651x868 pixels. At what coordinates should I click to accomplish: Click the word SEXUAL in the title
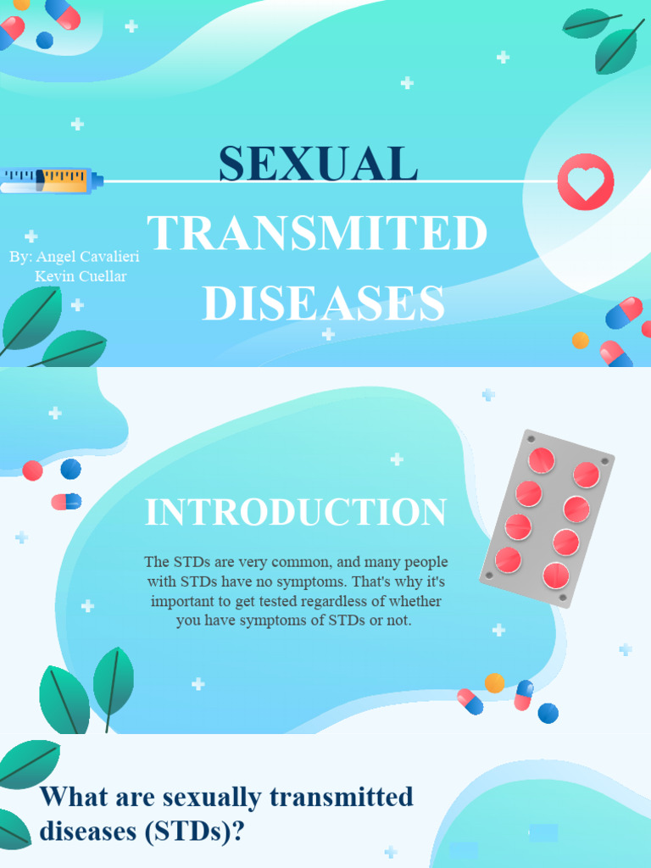(318, 164)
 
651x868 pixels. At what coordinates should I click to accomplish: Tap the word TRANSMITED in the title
(318, 234)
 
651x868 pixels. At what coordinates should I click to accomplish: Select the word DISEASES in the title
(324, 303)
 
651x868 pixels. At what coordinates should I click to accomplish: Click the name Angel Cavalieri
(86, 257)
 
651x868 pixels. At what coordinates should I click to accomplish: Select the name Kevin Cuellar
(81, 276)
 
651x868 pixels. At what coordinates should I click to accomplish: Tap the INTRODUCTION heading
(296, 513)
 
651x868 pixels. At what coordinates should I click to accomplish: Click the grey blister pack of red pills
(547, 519)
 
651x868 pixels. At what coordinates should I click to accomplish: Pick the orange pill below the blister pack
(494, 682)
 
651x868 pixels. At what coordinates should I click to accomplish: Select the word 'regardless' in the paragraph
(346, 601)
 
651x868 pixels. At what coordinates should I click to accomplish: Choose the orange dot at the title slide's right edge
(580, 340)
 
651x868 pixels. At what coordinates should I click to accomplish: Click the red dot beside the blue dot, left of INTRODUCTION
(33, 470)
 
